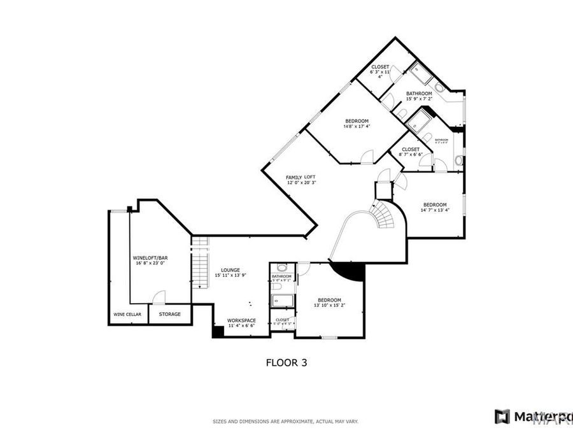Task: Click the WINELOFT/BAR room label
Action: point(150,257)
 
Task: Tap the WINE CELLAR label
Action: point(127,314)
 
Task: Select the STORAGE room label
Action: point(170,314)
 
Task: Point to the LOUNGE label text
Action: point(230,269)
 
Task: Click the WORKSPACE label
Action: point(242,320)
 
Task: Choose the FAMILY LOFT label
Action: point(301,177)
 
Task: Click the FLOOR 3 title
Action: point(286,362)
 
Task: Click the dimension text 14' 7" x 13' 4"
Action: point(435,210)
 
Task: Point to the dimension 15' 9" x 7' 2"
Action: point(419,99)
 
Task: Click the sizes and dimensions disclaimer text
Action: point(285,421)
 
